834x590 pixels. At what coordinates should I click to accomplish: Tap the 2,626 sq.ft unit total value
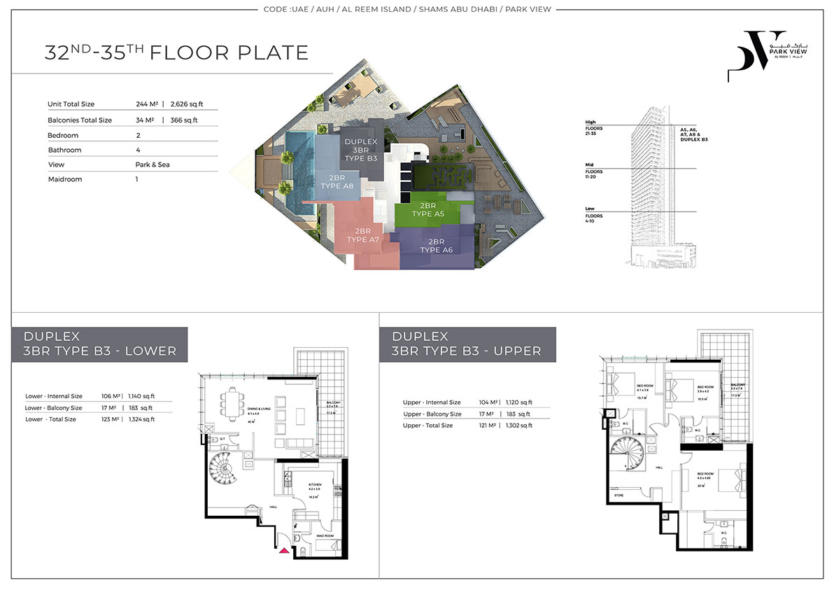[185, 104]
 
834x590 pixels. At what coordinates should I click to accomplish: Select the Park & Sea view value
[153, 164]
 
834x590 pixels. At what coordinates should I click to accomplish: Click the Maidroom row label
[65, 179]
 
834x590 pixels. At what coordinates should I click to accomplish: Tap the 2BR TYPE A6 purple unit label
[435, 246]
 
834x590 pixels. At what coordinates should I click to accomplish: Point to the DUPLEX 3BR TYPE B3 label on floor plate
[361, 150]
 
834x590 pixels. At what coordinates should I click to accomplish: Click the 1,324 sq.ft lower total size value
[142, 419]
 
